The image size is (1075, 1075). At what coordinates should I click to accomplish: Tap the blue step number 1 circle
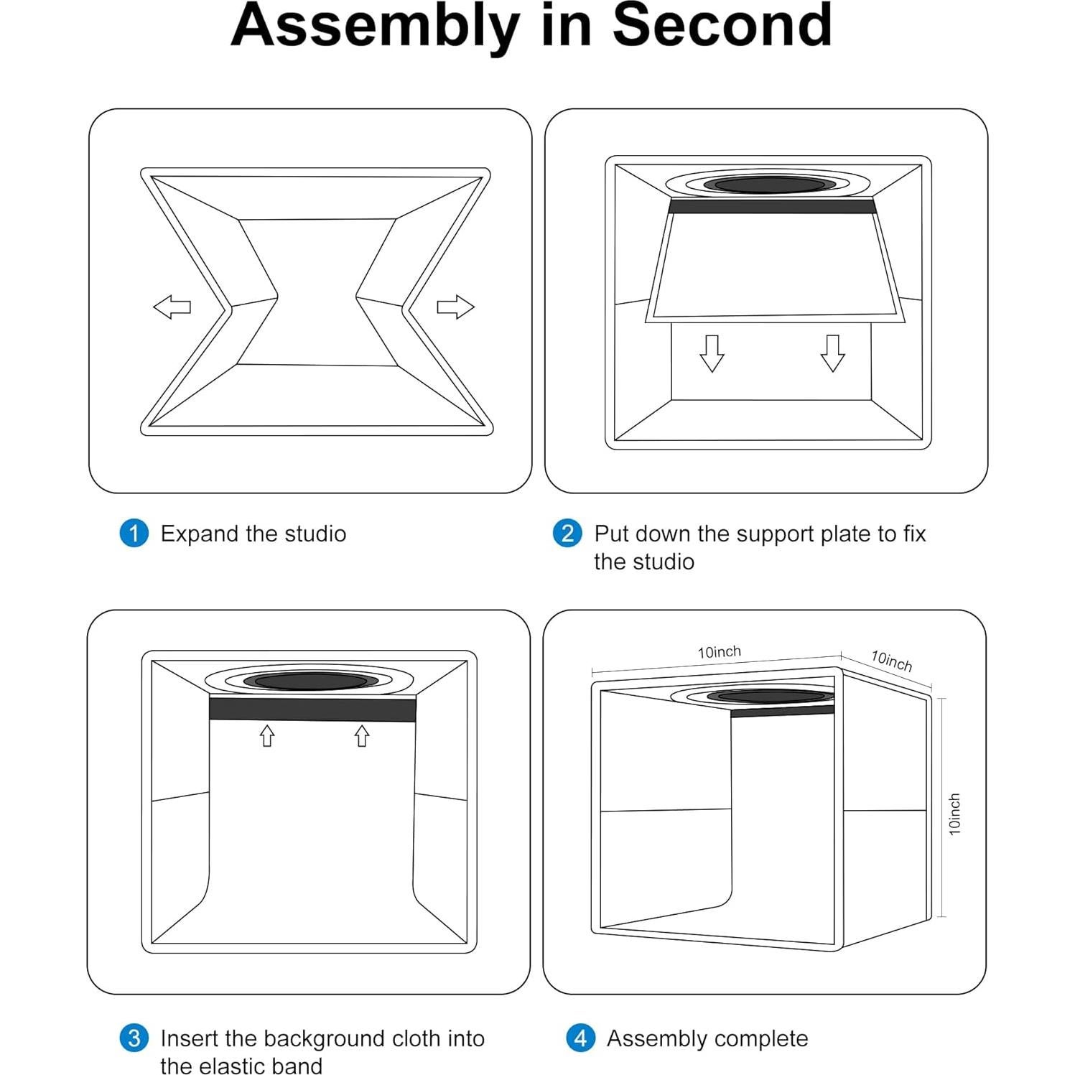pyautogui.click(x=134, y=534)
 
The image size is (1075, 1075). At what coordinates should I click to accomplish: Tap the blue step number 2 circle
pyautogui.click(x=567, y=534)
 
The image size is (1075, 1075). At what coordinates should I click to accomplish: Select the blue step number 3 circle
pyautogui.click(x=134, y=1038)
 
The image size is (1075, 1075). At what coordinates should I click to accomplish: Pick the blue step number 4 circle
pyautogui.click(x=580, y=1038)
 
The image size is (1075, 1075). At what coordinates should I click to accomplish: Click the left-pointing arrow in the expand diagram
pyautogui.click(x=172, y=307)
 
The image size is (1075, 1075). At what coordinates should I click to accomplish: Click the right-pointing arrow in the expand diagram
pyautogui.click(x=456, y=307)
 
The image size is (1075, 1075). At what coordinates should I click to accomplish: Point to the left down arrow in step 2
pyautogui.click(x=712, y=353)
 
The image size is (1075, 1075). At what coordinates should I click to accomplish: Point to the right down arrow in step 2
pyautogui.click(x=832, y=353)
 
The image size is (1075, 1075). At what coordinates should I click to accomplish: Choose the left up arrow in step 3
pyautogui.click(x=267, y=735)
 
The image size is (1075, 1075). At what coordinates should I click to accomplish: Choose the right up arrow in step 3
pyautogui.click(x=362, y=735)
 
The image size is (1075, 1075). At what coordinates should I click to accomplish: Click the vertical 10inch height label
pyautogui.click(x=954, y=814)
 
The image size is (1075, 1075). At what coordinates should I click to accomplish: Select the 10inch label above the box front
pyautogui.click(x=720, y=652)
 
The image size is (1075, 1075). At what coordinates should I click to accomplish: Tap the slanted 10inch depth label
pyautogui.click(x=891, y=661)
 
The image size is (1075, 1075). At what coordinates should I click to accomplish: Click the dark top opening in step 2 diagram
pyautogui.click(x=769, y=185)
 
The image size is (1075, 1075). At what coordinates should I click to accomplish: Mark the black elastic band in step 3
pyautogui.click(x=312, y=709)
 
